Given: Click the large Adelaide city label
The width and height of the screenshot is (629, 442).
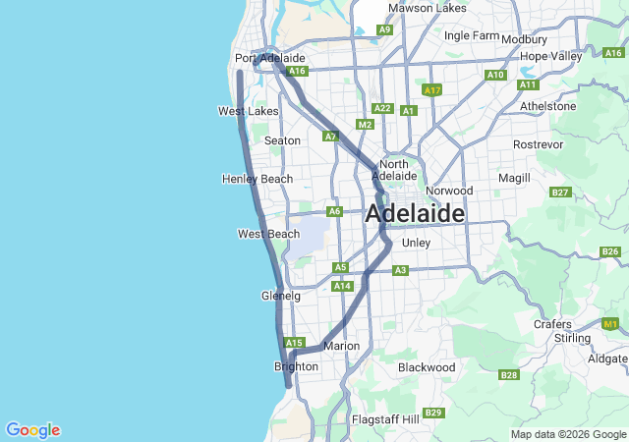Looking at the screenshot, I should coord(415,213).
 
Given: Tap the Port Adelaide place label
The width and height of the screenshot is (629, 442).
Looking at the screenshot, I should coord(270,59).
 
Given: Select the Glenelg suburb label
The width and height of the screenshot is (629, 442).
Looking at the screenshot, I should coord(280,296).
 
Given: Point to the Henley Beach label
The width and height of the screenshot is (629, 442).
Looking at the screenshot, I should coord(257,179).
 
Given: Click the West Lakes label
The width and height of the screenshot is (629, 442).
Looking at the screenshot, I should coord(249,112).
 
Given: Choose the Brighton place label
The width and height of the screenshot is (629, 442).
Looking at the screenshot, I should coord(296,366).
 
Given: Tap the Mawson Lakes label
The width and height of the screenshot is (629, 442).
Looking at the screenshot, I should coord(428,8).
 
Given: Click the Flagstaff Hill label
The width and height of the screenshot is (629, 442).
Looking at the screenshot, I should coord(385,419).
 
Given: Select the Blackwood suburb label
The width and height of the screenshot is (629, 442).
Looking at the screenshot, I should coord(427,367).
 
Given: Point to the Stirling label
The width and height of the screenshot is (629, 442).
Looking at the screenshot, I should coord(572,338).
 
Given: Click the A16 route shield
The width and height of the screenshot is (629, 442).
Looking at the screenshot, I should coord(298,71).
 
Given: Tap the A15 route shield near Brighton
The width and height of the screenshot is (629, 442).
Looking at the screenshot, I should coord(294,342).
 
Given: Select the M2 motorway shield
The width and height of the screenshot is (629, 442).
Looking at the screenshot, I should coord(366,125).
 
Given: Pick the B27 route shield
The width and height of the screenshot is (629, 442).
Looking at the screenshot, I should coord(560,193).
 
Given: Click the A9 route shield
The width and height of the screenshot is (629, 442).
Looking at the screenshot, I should coord(385,30).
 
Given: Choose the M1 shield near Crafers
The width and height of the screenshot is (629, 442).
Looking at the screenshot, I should coord(611,323).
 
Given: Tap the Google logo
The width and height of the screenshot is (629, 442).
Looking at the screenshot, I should coord(32,430).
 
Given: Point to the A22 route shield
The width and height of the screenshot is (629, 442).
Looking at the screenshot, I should coord(382,108).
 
